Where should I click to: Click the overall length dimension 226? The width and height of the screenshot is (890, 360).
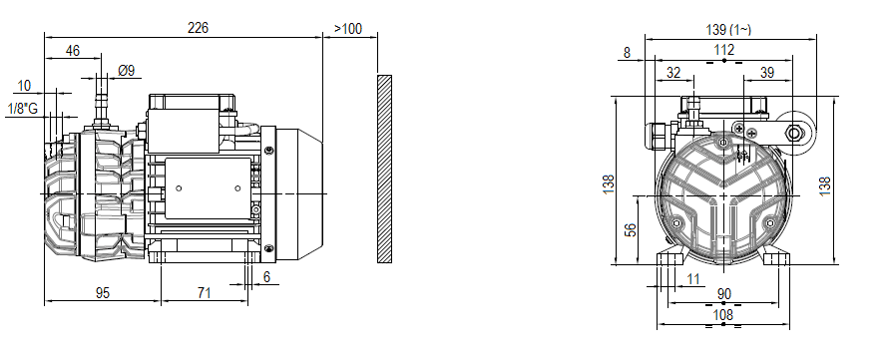(x=198, y=28)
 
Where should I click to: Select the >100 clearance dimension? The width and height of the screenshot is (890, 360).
(x=348, y=28)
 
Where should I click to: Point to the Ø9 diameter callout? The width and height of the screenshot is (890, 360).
(x=127, y=71)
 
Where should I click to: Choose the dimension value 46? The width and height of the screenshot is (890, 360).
(x=73, y=50)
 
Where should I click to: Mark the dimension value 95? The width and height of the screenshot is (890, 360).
(x=103, y=292)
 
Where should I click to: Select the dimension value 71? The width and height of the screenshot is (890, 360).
(x=204, y=292)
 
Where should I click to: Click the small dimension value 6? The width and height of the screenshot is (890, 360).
(x=266, y=277)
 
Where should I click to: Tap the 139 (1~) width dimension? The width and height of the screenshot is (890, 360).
(x=730, y=30)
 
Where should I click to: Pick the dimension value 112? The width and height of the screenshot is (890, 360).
(x=723, y=50)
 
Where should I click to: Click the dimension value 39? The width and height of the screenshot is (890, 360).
(x=766, y=73)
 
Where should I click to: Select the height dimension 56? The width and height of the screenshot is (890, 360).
(x=630, y=229)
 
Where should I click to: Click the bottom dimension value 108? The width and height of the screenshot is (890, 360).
(x=723, y=316)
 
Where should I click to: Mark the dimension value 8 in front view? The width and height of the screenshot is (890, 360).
(x=626, y=52)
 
